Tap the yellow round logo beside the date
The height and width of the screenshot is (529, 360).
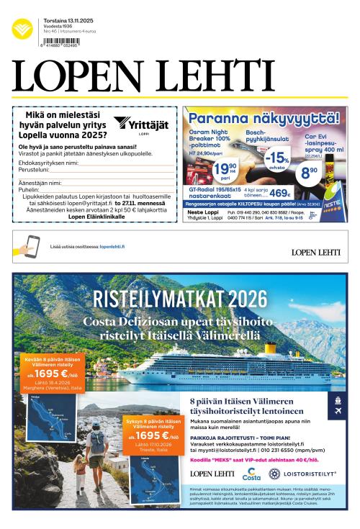click(x=22, y=28)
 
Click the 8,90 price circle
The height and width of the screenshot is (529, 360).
click(x=310, y=171)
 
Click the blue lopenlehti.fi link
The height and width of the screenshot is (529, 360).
click(x=112, y=246)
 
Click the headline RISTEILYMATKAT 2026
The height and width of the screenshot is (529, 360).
click(x=180, y=299)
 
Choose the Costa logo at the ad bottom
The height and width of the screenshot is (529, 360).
click(x=251, y=474)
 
